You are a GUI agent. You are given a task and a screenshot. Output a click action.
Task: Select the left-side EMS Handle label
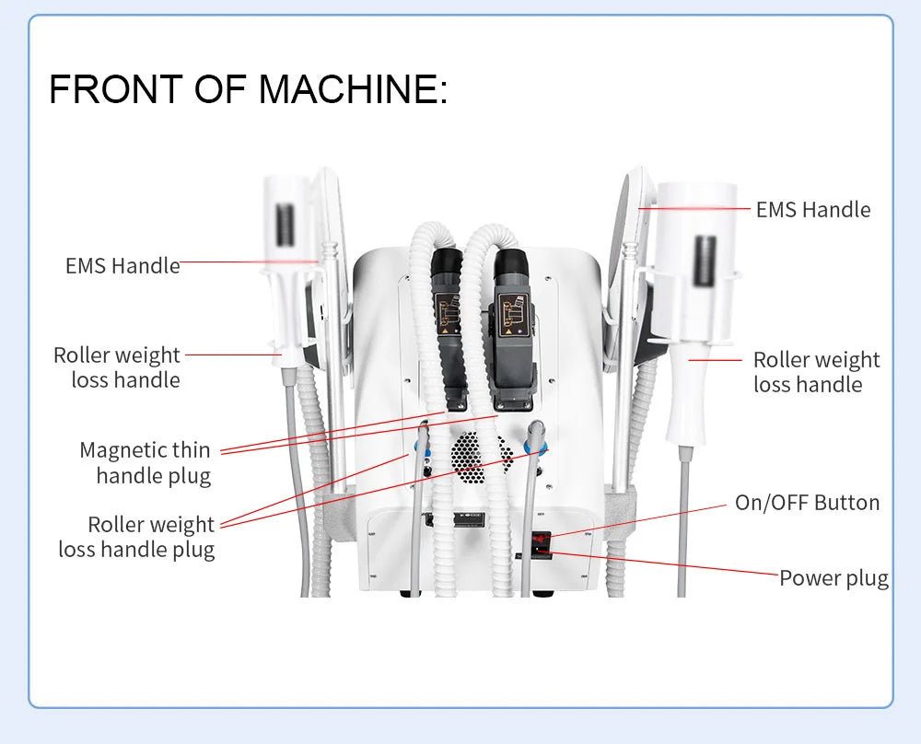coord(122,266)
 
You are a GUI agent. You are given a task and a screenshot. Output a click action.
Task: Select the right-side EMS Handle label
coord(812,210)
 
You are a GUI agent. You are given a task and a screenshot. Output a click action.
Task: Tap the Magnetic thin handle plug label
coord(146,463)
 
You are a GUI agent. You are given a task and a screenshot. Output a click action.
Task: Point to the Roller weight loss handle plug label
coord(137,537)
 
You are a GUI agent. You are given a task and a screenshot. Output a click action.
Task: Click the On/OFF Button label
coord(807,503)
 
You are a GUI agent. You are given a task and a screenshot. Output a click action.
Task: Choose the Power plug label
coord(834,578)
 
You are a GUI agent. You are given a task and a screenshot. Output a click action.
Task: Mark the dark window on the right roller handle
coord(705,262)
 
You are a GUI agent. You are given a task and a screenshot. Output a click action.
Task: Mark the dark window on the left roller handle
coord(284,223)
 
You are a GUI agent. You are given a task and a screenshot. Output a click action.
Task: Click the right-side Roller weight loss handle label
coord(816,372)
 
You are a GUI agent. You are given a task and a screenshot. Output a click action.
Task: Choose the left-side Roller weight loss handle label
coord(117,367)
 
